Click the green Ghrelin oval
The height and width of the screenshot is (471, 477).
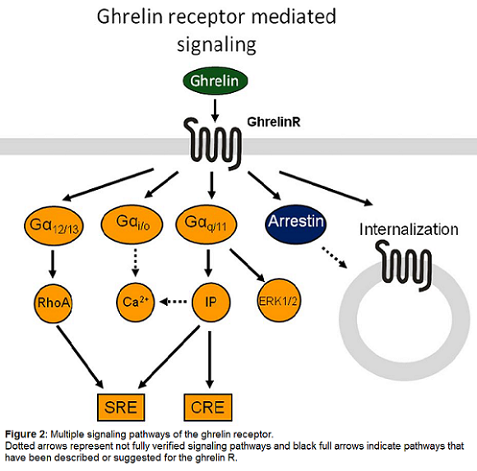(215, 81)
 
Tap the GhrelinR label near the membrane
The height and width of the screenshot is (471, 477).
(274, 122)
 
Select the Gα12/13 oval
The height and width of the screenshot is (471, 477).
(53, 225)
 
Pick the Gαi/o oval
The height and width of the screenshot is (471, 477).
(132, 224)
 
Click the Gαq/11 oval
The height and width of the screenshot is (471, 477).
(206, 224)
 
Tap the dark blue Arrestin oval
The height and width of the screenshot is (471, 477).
(295, 224)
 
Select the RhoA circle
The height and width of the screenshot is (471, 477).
(53, 302)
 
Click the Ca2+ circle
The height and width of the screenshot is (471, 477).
(136, 302)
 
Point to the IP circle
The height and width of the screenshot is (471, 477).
(211, 302)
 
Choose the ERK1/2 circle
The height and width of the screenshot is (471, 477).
(277, 302)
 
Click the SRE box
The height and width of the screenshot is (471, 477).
(121, 408)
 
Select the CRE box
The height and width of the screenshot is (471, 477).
(208, 408)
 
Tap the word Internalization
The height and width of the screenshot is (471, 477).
(409, 229)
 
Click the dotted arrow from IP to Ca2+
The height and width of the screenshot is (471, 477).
(173, 302)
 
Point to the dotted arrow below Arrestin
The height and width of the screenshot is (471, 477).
(335, 257)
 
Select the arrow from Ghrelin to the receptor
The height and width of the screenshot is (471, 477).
(215, 111)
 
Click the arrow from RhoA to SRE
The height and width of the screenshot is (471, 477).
(80, 357)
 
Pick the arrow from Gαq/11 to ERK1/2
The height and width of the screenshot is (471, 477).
(247, 266)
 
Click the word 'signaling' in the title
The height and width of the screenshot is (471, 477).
(216, 44)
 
